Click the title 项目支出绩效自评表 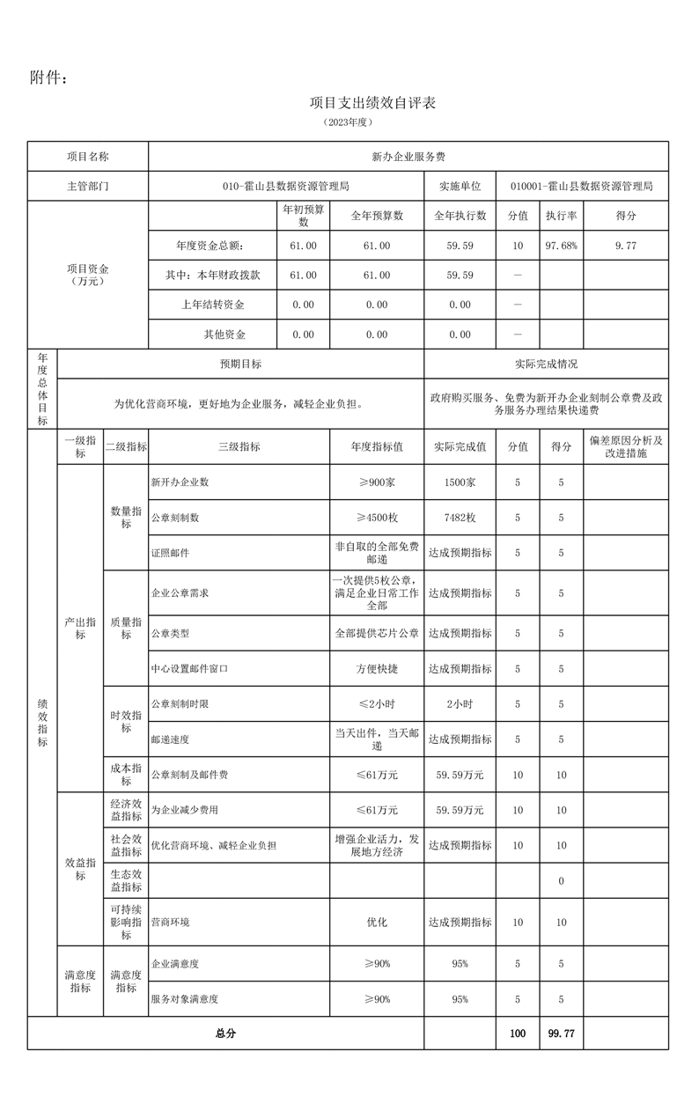tap(373, 103)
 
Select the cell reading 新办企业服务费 tap(408, 157)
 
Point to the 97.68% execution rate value tap(561, 246)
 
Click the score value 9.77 tap(626, 246)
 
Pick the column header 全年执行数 tap(460, 216)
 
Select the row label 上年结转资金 tap(212, 305)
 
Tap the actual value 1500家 tap(460, 482)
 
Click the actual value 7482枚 tap(460, 518)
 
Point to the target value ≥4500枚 tap(377, 518)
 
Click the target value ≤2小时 tap(377, 704)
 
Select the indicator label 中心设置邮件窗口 tap(189, 669)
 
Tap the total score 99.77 tap(561, 1033)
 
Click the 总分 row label tap(225, 1033)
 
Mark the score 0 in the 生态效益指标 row tap(561, 881)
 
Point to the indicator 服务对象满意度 tap(185, 999)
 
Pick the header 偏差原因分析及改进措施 tap(625, 446)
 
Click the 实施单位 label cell tap(460, 187)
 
